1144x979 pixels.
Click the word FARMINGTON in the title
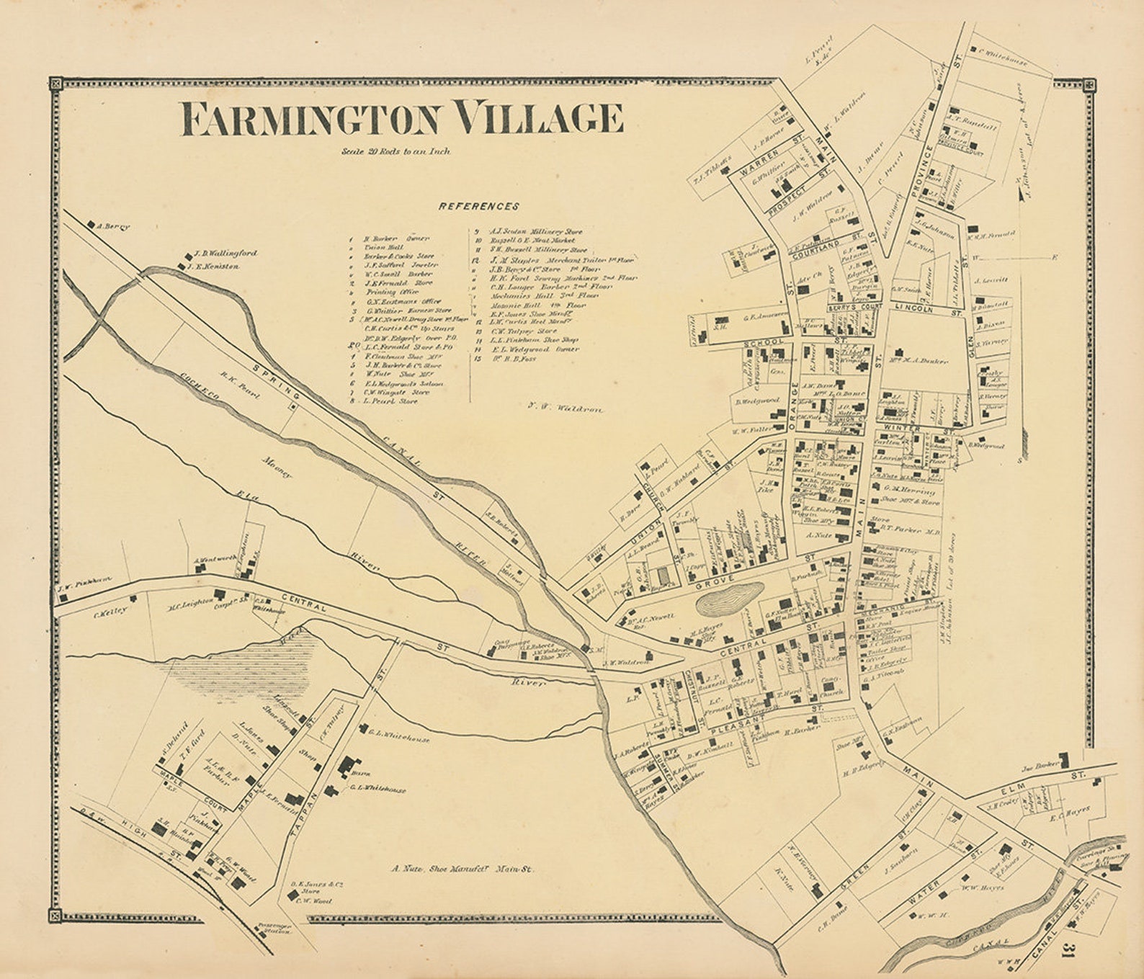tap(310, 119)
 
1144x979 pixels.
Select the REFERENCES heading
tap(479, 206)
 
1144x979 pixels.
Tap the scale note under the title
tap(397, 152)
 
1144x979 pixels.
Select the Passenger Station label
tap(274, 929)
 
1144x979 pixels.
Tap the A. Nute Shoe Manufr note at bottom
tap(461, 870)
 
